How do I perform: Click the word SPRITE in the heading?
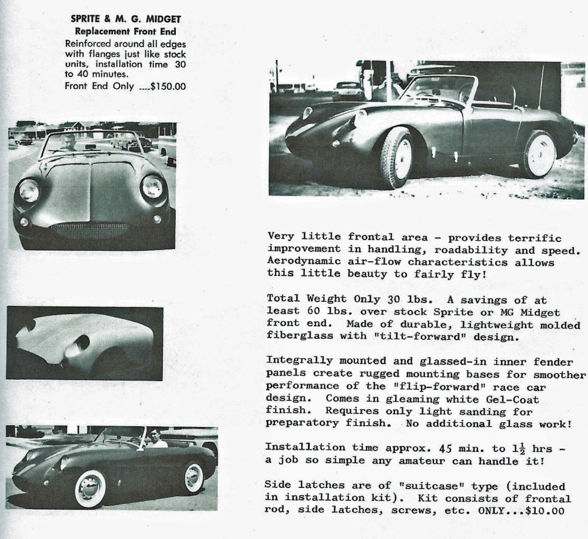coord(88,19)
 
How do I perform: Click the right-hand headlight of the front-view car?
coord(152,187)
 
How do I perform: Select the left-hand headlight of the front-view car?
coord(28,191)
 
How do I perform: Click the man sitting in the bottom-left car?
coord(155,438)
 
